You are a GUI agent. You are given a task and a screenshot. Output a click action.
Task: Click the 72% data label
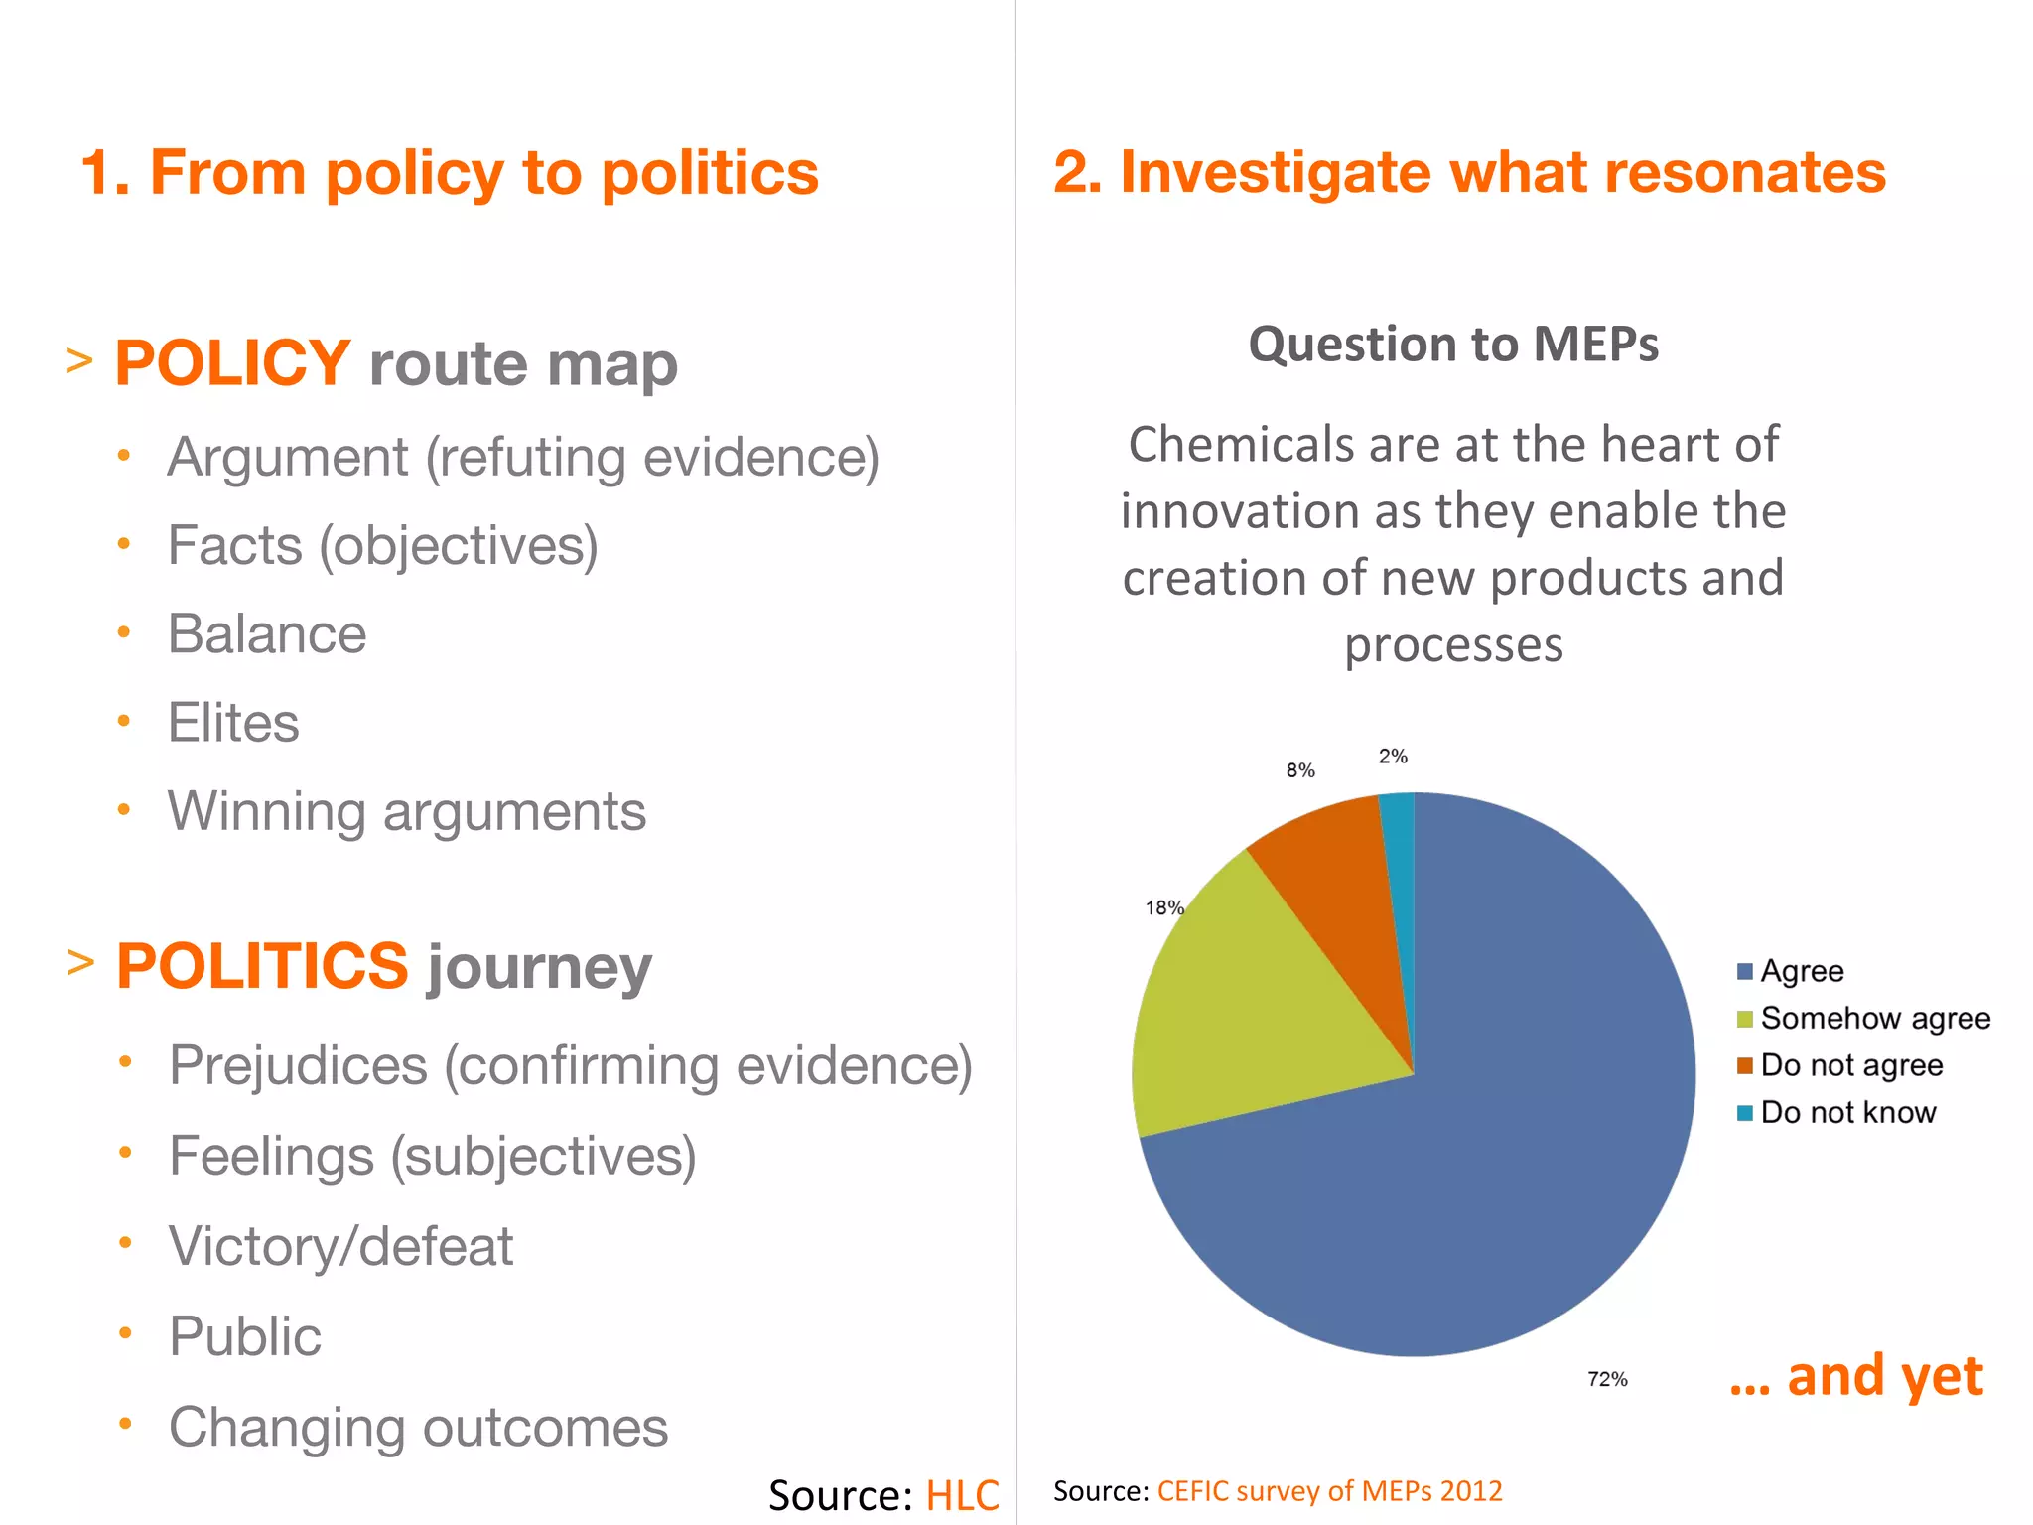tap(1607, 1379)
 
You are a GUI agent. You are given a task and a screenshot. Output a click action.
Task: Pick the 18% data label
tap(1163, 907)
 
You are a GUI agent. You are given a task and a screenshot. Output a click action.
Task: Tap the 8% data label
tap(1300, 770)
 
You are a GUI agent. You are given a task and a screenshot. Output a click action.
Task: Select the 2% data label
tap(1393, 757)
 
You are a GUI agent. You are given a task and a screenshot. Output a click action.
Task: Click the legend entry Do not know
tap(1846, 1112)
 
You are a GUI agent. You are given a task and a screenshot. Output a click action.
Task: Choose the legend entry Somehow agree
tap(1874, 1018)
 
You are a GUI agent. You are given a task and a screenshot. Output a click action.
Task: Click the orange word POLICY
tap(232, 363)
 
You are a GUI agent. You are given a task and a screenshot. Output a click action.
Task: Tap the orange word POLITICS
tap(262, 966)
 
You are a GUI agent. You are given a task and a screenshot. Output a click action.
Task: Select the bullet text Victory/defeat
tap(340, 1246)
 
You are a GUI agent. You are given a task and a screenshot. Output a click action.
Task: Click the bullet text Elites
tap(233, 722)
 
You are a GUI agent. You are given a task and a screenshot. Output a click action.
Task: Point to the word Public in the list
tap(245, 1336)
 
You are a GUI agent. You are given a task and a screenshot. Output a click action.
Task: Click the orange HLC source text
tap(962, 1495)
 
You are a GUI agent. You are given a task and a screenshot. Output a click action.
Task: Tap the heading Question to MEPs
tap(1453, 345)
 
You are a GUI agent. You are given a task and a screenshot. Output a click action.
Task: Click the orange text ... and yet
tap(1855, 1376)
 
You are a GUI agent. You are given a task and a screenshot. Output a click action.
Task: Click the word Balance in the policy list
tap(267, 633)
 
